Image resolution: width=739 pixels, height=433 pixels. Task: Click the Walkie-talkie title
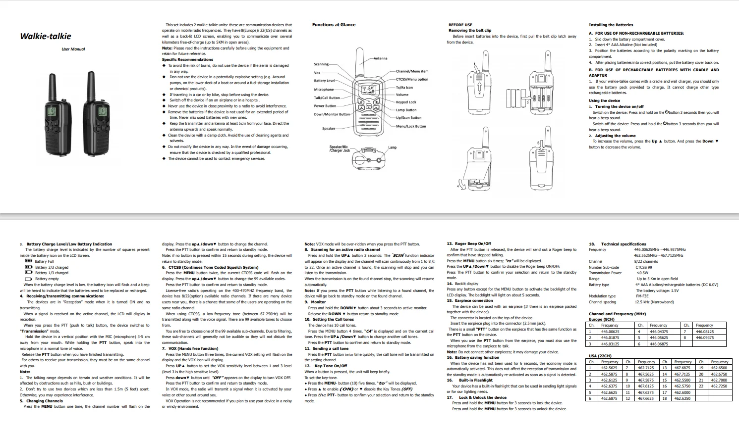click(x=46, y=36)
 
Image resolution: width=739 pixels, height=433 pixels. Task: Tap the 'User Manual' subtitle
click(x=73, y=49)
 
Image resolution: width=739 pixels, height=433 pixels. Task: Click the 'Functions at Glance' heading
click(x=334, y=25)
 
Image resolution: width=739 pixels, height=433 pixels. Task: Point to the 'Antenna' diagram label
click(x=381, y=58)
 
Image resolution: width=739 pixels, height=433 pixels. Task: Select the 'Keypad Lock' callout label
click(x=406, y=102)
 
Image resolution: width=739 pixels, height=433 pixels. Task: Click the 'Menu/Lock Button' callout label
click(x=411, y=126)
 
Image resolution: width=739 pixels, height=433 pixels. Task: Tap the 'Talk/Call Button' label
click(x=327, y=98)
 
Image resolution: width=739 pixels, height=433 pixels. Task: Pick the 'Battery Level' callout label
click(x=325, y=81)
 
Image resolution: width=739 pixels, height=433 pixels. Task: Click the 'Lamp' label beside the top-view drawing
click(x=392, y=147)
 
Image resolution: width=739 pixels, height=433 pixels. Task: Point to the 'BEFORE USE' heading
click(x=460, y=25)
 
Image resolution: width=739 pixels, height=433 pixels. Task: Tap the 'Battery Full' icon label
click(x=44, y=261)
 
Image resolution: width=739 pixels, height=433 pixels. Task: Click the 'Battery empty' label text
click(x=47, y=279)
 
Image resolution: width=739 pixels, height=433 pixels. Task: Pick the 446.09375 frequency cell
click(x=705, y=337)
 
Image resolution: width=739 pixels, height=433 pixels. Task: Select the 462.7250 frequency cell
click(x=719, y=386)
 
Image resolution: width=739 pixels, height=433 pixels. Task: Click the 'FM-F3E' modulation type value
click(x=642, y=296)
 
